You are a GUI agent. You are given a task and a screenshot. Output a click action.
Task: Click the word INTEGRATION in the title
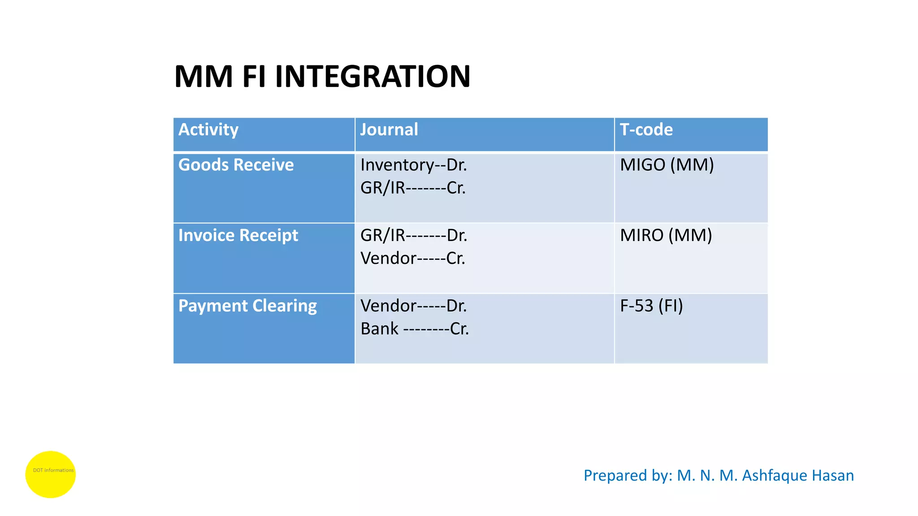(x=372, y=76)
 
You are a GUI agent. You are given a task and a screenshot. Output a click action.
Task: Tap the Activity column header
(x=208, y=130)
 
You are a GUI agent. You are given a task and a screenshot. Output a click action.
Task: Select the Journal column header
(x=389, y=130)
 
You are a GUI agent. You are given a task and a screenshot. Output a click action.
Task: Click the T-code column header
(x=646, y=130)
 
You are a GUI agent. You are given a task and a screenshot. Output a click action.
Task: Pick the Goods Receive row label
(x=236, y=165)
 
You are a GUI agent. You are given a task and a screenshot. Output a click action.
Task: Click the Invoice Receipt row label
(x=238, y=236)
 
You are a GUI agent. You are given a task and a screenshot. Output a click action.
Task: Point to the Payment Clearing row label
(x=247, y=306)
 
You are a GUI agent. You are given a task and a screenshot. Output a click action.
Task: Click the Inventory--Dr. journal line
(x=413, y=165)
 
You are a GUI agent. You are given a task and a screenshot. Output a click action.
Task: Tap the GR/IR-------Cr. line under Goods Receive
(x=413, y=188)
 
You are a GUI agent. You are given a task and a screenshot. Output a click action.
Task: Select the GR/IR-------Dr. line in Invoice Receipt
(x=414, y=236)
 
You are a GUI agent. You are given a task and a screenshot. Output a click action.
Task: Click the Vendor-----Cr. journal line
(x=413, y=258)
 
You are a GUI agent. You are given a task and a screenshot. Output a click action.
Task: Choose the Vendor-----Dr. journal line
(x=413, y=306)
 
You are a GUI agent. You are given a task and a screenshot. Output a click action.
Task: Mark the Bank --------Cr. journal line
(x=415, y=329)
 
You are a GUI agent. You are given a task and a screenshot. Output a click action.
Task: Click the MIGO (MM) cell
(x=667, y=165)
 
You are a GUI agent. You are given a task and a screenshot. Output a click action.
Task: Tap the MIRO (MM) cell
(x=666, y=236)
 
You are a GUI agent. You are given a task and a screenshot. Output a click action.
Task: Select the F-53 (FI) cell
(x=651, y=306)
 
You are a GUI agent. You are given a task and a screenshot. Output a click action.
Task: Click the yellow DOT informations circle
(x=50, y=474)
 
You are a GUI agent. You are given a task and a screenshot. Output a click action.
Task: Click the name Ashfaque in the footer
(x=769, y=475)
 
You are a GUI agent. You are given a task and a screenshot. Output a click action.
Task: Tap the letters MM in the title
(x=204, y=76)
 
